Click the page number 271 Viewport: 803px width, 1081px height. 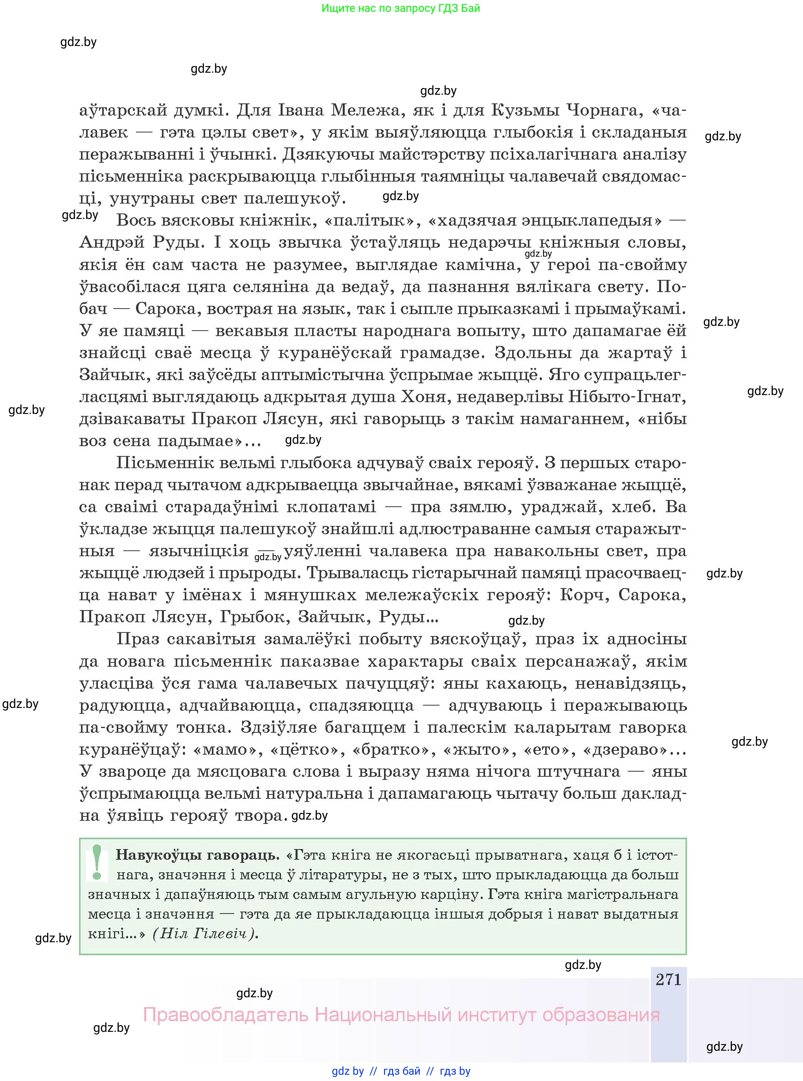[668, 980]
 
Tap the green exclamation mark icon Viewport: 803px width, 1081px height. [97, 863]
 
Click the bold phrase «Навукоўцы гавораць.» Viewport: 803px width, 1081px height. [197, 855]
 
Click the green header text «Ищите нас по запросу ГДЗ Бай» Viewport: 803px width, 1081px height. [401, 8]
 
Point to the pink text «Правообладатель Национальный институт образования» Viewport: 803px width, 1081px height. [401, 1015]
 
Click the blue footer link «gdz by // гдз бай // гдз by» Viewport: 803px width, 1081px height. [401, 1071]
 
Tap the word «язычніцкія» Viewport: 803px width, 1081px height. [199, 551]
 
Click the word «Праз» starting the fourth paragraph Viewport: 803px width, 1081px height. [138, 639]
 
